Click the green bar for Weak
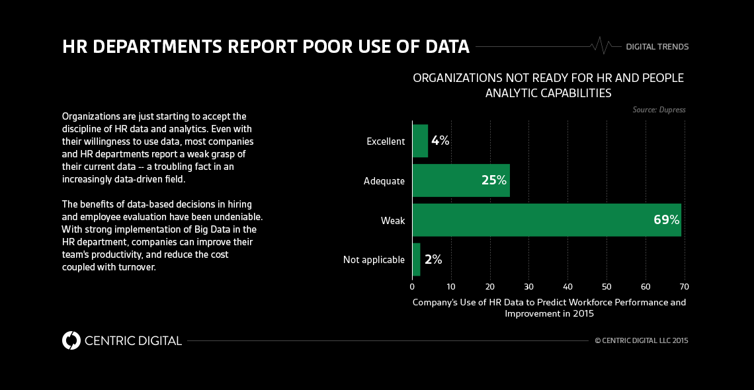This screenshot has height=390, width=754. coord(529,220)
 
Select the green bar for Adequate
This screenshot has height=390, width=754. coord(450,180)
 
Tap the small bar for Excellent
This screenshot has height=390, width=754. coord(420,141)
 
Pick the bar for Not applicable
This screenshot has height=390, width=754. coord(416,260)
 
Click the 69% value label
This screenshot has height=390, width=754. coord(666,220)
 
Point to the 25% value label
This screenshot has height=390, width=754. coord(493,180)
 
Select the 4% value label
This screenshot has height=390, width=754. coord(440,141)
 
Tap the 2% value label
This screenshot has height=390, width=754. coord(433,260)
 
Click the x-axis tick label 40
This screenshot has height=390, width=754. coord(567,287)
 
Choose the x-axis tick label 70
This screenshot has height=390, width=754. coord(685,287)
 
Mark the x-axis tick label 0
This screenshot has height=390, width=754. coord(412,287)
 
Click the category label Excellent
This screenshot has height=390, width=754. coord(385,141)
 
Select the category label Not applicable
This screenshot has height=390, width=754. coord(374,260)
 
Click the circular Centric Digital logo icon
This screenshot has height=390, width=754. coord(71,340)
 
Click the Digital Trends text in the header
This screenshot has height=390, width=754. coord(657,47)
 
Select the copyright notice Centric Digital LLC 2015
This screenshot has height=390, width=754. coord(642,341)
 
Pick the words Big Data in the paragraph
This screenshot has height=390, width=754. coord(202,229)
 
